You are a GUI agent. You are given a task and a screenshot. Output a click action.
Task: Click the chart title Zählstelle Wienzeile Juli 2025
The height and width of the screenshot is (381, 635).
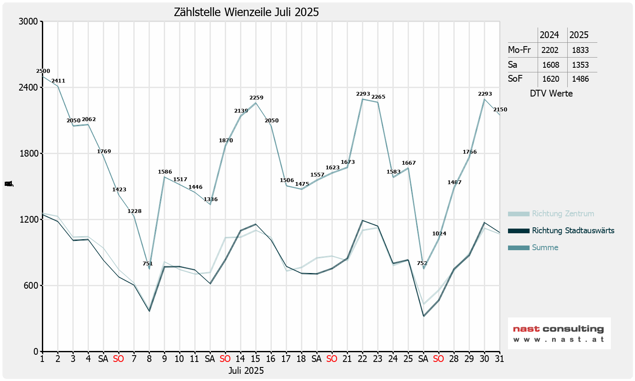(x=246, y=12)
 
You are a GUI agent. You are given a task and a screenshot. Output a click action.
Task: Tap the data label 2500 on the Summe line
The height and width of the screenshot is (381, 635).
(x=43, y=71)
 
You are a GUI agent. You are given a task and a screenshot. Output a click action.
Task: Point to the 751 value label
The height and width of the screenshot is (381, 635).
(x=148, y=264)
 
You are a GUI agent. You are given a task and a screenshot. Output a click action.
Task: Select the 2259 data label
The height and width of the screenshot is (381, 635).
(x=256, y=98)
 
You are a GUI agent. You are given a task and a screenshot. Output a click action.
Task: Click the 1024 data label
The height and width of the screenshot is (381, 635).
(x=439, y=234)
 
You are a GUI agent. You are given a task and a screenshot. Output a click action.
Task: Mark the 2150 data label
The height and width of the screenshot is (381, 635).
(x=500, y=110)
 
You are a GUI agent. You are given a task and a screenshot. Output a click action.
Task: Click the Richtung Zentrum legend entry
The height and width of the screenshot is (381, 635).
(x=563, y=214)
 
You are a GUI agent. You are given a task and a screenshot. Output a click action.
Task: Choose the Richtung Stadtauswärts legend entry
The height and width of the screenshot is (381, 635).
(x=573, y=231)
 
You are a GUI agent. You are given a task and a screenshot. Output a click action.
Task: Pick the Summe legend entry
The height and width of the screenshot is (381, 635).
(x=545, y=248)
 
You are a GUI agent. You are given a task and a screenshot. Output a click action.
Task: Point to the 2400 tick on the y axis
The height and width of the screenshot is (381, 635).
(x=29, y=88)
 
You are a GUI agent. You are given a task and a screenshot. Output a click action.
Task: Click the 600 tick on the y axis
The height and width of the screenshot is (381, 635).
(x=32, y=286)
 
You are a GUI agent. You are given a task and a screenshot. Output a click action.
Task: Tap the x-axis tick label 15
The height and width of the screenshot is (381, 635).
(x=255, y=359)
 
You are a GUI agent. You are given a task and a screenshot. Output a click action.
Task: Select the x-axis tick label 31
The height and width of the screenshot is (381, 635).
(x=499, y=359)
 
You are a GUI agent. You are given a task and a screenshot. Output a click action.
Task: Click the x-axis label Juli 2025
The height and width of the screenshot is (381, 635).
(x=246, y=371)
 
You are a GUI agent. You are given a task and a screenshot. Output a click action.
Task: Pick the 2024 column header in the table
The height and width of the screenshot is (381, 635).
(x=549, y=35)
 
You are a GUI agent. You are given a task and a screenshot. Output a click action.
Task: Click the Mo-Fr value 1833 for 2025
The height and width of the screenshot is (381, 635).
(x=580, y=50)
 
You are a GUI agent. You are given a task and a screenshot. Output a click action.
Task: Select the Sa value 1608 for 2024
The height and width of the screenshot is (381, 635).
(x=550, y=65)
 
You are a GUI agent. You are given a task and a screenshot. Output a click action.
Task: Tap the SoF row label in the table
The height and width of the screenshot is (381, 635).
(x=515, y=79)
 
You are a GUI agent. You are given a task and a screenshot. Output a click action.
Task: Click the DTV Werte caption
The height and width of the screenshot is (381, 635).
(x=551, y=94)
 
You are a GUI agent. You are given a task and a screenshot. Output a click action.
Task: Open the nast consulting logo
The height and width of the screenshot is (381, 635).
(x=559, y=333)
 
